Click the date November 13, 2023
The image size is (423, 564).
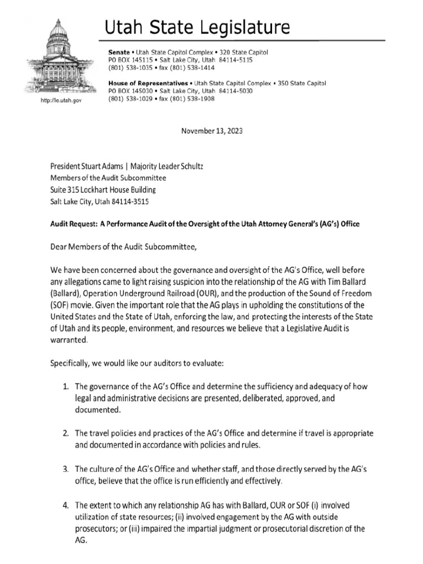[211, 132]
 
